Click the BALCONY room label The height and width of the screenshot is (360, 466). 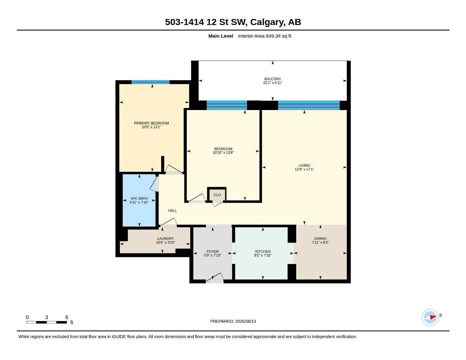coord(272,79)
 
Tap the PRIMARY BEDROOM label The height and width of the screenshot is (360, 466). coord(151,123)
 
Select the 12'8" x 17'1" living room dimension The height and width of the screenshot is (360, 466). coord(304,169)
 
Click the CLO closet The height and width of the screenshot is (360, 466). coord(217,195)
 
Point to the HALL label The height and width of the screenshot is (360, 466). coord(172,211)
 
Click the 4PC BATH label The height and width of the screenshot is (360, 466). coord(139,199)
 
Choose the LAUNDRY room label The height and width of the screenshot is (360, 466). coord(165,238)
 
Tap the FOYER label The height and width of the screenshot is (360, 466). coord(212,251)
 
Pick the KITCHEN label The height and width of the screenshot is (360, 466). coord(263,251)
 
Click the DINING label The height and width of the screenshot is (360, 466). coord(320,238)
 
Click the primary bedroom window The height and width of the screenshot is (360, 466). coord(150,82)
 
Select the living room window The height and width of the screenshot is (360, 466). coord(309,105)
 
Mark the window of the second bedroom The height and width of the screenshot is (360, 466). coord(227,105)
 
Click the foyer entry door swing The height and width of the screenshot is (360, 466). coord(215,277)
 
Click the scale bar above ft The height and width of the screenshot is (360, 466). coord(46,322)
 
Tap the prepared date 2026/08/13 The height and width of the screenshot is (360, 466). coord(245,321)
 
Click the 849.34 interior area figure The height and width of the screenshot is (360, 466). coord(273,36)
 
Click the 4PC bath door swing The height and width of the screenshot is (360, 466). coord(154,184)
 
